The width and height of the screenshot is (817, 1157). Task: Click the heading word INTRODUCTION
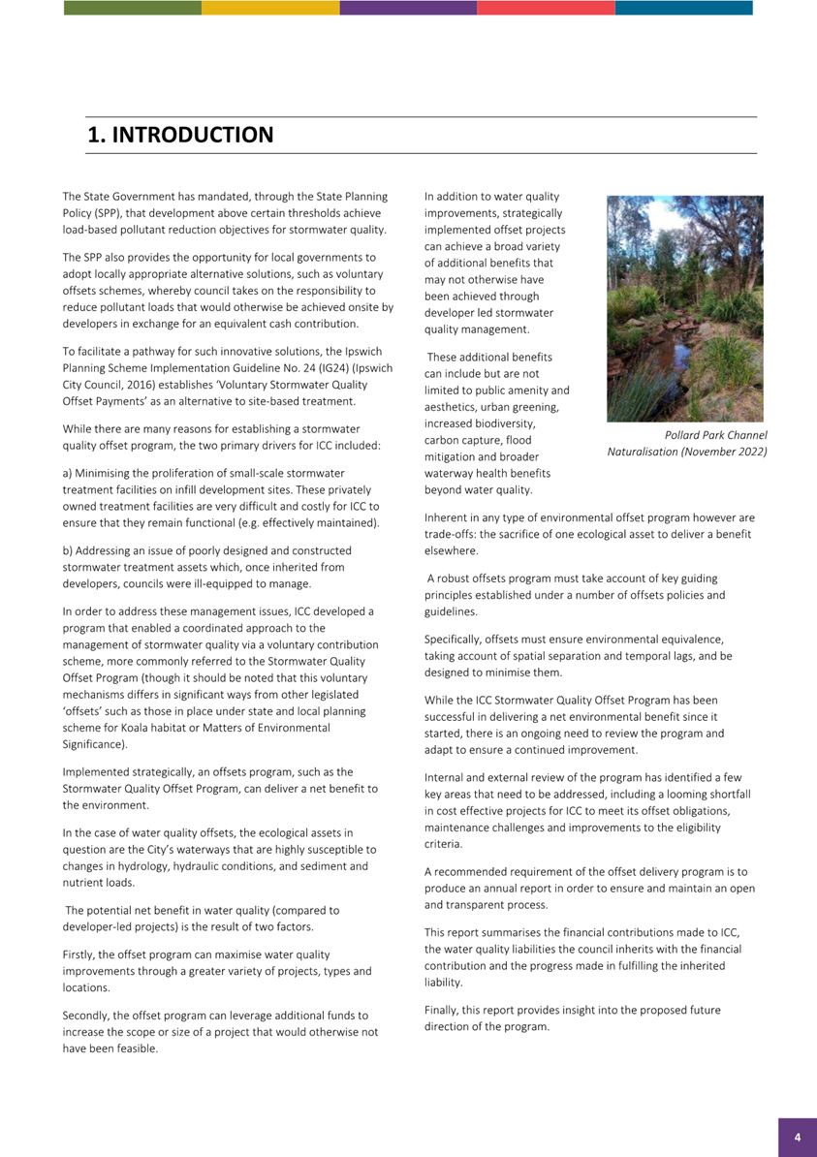192,136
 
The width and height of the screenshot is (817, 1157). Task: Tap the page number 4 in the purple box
797,1138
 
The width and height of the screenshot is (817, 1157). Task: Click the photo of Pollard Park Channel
685,308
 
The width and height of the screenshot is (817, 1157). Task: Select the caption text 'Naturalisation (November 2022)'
687,452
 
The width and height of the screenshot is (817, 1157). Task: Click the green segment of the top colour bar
133,8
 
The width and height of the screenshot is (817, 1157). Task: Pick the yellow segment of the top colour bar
270,8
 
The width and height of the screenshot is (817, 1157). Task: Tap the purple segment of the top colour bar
408,8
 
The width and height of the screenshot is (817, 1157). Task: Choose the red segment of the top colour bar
546,8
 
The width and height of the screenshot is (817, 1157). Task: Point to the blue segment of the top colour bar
683,8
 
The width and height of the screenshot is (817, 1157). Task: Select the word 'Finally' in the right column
443,1010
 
